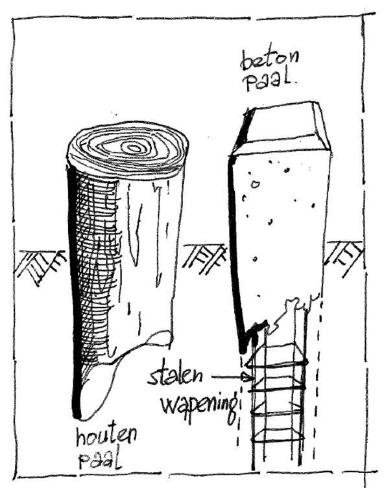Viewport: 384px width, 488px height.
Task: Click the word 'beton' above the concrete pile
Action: (x=270, y=61)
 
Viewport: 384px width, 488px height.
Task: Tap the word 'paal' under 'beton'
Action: (x=269, y=82)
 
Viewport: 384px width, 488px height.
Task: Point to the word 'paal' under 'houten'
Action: (x=100, y=461)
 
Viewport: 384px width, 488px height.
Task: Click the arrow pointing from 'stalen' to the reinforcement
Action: (x=232, y=378)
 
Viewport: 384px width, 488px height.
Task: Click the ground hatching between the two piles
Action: (x=206, y=259)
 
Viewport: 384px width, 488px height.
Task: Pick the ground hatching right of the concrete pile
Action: (x=344, y=258)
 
